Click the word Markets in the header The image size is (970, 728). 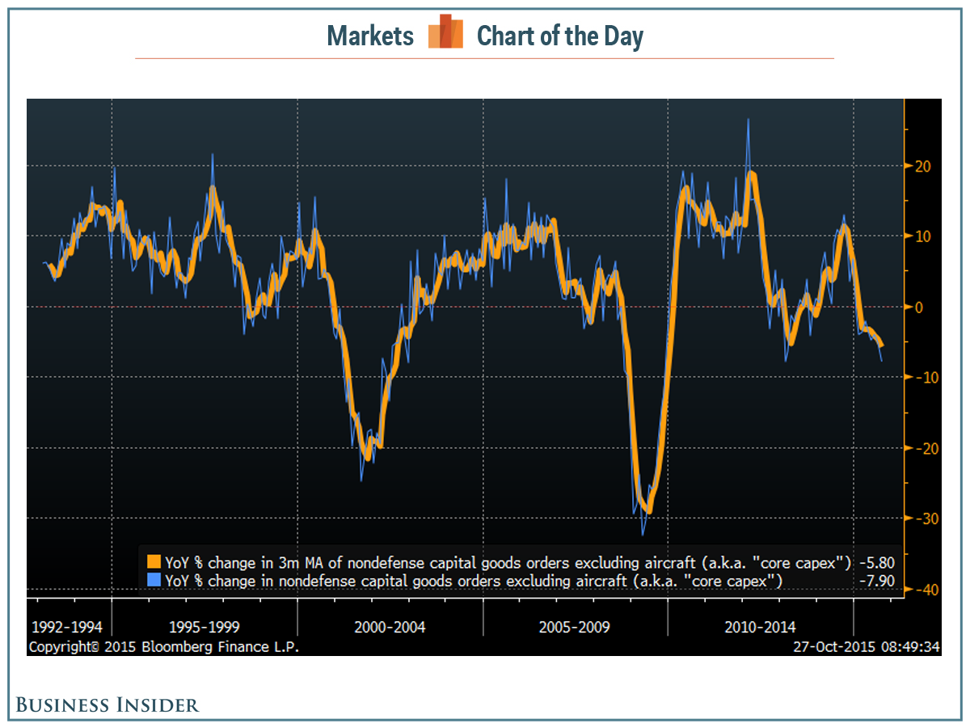[x=370, y=36]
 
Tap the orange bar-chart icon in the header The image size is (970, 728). [x=445, y=33]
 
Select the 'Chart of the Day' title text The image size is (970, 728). [x=559, y=36]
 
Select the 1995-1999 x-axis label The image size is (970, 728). [x=205, y=627]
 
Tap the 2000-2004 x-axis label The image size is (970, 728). [x=390, y=627]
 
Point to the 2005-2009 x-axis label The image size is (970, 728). [x=576, y=627]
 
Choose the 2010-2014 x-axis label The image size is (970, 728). [x=761, y=627]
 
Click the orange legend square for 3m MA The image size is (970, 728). [x=154, y=561]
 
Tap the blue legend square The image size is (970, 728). [x=154, y=580]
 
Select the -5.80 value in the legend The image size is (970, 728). [x=876, y=561]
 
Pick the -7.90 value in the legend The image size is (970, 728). [x=876, y=580]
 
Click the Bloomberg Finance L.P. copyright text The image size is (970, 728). [x=163, y=647]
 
